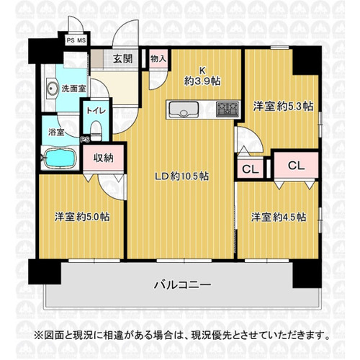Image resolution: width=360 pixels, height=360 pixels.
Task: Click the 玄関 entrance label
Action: click(x=123, y=58)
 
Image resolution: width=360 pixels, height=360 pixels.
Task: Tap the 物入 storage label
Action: click(x=158, y=58)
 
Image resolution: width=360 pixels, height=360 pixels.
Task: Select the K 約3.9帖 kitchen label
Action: click(x=202, y=76)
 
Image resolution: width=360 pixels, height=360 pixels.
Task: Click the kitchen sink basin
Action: click(x=184, y=109)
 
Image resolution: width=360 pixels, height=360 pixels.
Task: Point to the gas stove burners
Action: click(x=228, y=109)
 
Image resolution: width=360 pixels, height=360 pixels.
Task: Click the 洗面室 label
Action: click(x=73, y=89)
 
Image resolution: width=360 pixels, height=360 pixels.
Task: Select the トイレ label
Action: click(x=96, y=111)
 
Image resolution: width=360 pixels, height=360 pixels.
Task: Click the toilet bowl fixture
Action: click(x=96, y=130)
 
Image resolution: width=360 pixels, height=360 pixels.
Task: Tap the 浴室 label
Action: click(x=56, y=132)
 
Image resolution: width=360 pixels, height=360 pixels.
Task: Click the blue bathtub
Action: click(x=60, y=158)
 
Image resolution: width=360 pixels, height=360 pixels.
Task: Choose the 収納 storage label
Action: click(x=104, y=158)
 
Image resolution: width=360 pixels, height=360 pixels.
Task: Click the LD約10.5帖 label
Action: click(x=181, y=176)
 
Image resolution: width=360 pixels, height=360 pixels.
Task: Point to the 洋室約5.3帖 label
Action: click(x=283, y=107)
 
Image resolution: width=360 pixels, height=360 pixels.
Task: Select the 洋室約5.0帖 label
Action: click(x=82, y=217)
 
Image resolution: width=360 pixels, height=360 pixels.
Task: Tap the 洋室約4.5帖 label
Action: click(x=279, y=217)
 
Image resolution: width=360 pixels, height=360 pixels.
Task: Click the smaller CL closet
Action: click(x=250, y=168)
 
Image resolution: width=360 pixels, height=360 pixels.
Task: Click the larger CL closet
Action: click(x=296, y=166)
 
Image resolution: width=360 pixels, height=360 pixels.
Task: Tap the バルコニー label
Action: click(x=182, y=285)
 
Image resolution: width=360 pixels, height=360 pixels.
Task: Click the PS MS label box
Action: click(x=76, y=40)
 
